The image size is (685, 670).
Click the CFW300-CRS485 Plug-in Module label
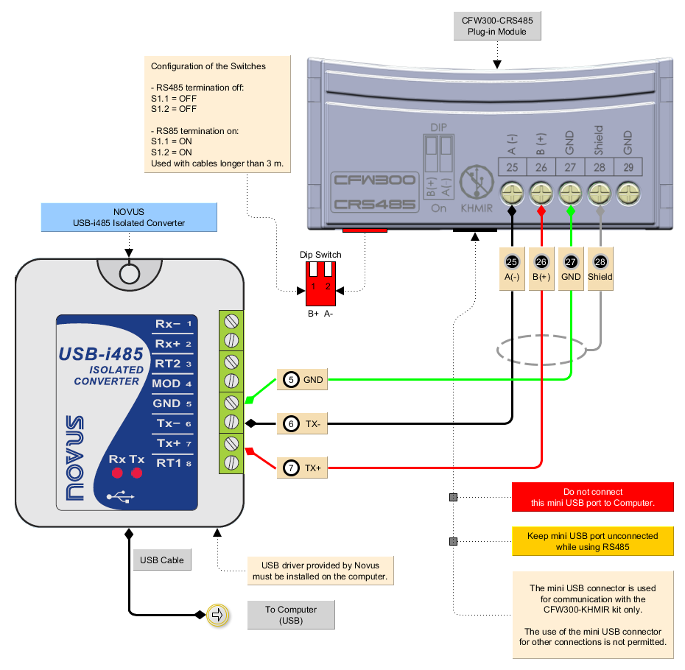496,27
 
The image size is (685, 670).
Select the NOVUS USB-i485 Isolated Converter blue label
129,217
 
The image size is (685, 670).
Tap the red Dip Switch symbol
320,283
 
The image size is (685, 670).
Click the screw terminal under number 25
512,194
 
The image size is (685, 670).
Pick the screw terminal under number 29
628,194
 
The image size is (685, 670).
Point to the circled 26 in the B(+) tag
541,263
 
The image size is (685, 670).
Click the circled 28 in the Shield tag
600,263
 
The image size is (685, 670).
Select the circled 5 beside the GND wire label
292,380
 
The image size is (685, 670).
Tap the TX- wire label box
303,423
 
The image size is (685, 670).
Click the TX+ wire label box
303,467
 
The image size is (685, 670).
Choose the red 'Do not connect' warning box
593,497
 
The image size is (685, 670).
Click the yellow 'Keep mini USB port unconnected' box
593,541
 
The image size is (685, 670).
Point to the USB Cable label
162,560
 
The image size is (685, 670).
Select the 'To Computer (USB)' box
291,615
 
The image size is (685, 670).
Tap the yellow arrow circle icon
218,615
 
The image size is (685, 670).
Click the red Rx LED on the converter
116,473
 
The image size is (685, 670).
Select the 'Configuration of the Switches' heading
208,66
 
